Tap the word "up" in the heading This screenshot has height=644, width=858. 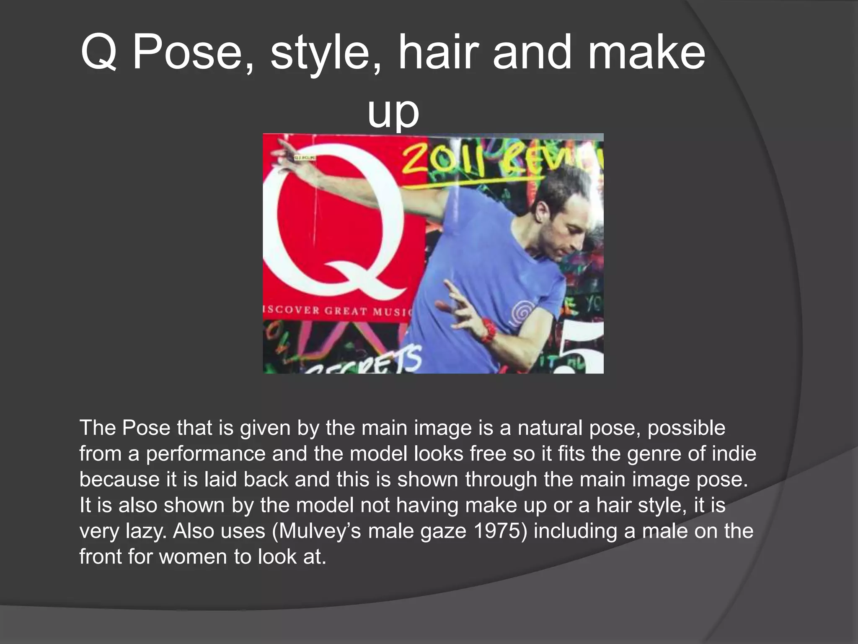[x=393, y=112]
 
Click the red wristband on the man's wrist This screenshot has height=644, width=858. [x=488, y=330]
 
